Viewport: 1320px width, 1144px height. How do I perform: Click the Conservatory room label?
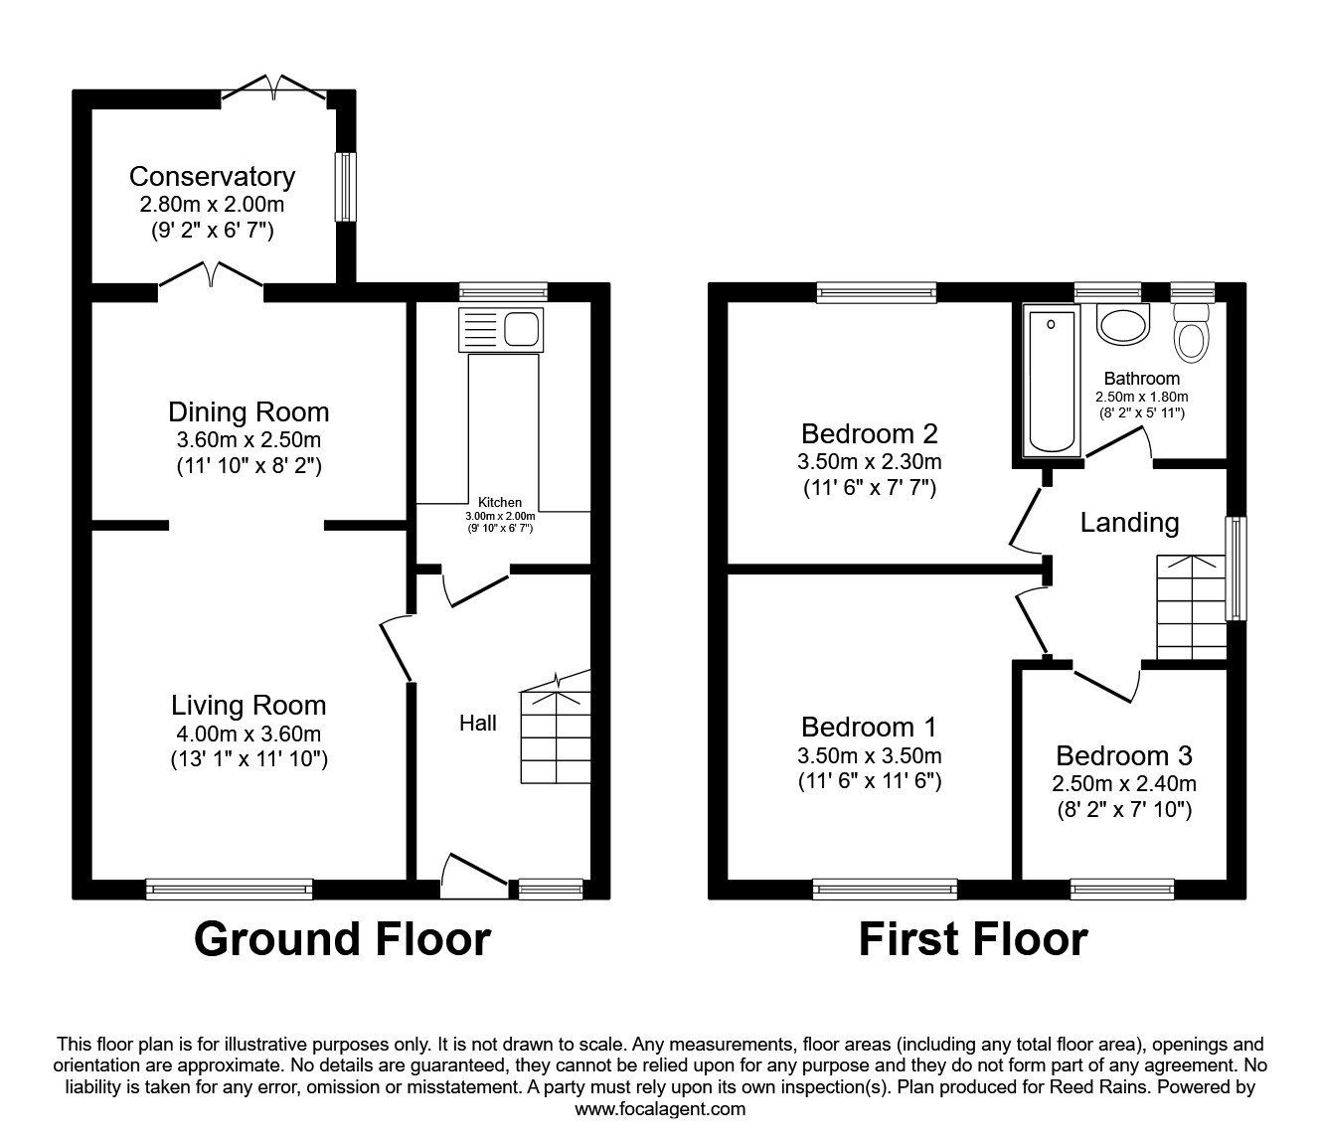[212, 177]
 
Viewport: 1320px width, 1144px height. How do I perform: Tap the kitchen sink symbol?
[500, 329]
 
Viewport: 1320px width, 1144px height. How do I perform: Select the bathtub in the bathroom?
[1052, 382]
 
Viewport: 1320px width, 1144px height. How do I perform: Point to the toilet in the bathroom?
[1190, 333]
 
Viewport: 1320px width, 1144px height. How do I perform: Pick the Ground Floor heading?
[342, 939]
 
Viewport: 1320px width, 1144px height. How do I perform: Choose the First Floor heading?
[973, 939]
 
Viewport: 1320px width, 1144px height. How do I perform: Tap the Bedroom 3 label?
[1124, 755]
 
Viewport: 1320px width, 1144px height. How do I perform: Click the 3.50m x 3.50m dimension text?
[869, 755]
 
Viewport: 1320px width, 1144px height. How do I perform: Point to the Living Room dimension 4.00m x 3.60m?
[248, 735]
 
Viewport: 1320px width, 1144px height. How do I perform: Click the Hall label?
[477, 724]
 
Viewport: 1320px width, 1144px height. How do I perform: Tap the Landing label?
[1129, 523]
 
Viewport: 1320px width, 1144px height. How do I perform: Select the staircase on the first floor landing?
[1190, 607]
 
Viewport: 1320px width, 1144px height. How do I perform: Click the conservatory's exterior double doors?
[273, 89]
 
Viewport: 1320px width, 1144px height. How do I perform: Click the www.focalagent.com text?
[660, 1109]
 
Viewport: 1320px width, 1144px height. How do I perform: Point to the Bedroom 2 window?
[877, 291]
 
